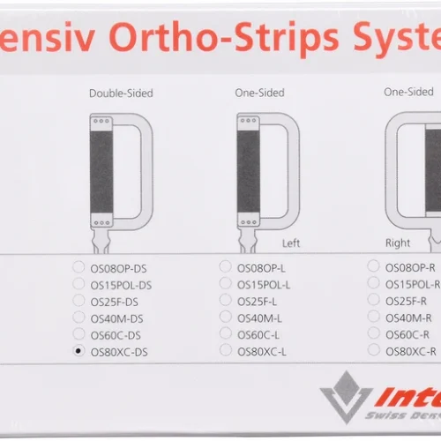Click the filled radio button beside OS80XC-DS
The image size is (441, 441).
[x=79, y=351]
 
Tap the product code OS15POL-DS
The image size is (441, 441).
[x=121, y=284]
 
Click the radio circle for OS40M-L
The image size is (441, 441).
[x=226, y=317]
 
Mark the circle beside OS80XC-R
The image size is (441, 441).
[x=375, y=350]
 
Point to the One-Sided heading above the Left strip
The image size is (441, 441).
[x=260, y=92]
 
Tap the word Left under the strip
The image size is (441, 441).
[x=291, y=243]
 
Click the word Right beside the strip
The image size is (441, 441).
[x=398, y=243]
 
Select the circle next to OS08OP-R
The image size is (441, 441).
[x=374, y=266]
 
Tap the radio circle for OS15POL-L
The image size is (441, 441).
[x=226, y=284]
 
